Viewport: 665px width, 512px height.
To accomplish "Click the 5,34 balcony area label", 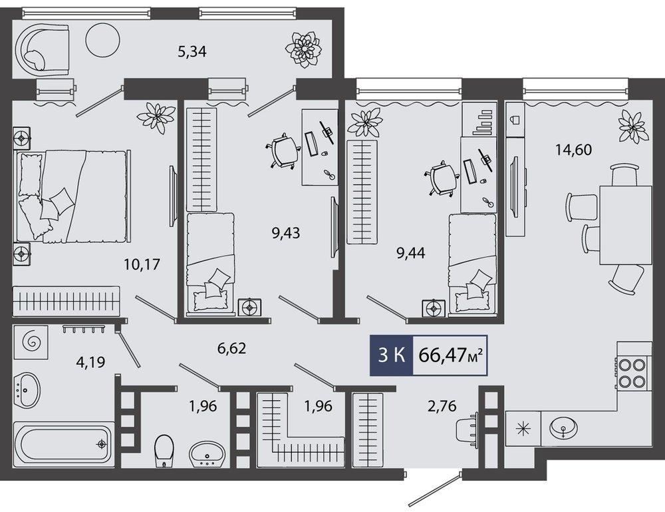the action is pos(192,52).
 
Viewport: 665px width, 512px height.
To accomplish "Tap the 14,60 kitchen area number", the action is pos(573,150).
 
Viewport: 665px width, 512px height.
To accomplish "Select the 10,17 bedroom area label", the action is pos(142,264).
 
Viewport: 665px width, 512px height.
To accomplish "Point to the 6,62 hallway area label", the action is pos(231,349).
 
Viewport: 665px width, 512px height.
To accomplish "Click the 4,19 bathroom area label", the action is pos(90,362).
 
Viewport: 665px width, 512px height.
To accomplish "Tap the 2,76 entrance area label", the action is pos(442,406).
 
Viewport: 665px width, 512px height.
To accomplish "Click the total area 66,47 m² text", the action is pos(452,356).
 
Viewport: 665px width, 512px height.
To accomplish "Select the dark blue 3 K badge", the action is pos(391,356).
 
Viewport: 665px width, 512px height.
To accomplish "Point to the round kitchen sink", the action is pos(563,426).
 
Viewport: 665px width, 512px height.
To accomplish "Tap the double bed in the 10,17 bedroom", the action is pos(72,196).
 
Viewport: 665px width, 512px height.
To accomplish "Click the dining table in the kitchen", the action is pos(625,225).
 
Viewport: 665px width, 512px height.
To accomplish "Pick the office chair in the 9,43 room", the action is pos(283,152).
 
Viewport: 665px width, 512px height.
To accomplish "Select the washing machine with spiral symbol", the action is pos(31,342).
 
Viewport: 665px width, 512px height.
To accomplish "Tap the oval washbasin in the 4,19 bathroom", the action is pos(27,389).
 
